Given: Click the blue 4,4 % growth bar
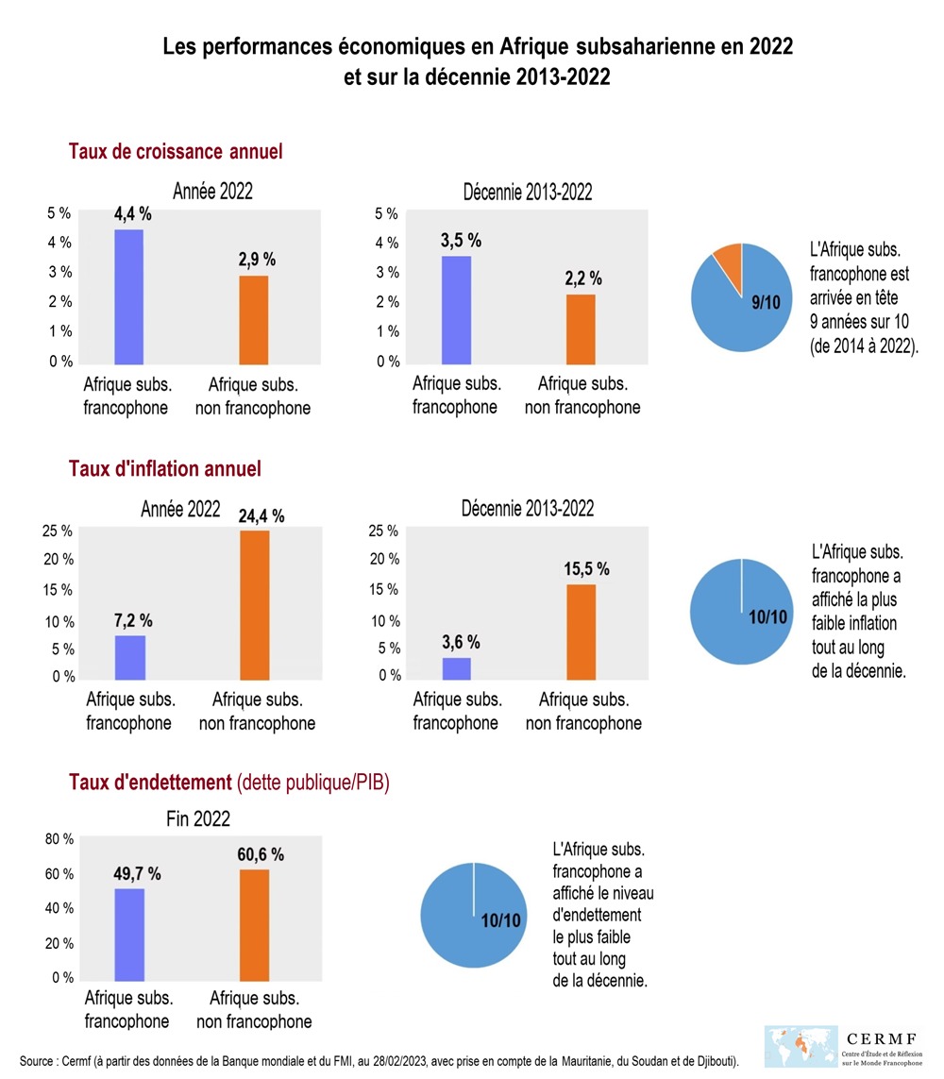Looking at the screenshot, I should point(128,296).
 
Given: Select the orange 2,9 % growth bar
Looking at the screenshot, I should point(253,319).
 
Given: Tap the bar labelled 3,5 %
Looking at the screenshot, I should point(457,310).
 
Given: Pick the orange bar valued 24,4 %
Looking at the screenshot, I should point(254,604).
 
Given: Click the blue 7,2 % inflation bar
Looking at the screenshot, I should point(129,657).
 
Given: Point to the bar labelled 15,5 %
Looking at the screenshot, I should point(581,632).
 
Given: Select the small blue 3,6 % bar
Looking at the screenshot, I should point(457,667).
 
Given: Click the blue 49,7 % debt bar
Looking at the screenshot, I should point(128,933).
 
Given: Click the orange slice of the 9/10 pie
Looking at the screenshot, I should point(729,256).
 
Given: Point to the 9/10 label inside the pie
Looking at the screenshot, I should point(766,303).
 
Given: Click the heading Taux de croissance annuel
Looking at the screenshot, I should point(176,151).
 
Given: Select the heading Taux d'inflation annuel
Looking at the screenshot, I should point(165,468).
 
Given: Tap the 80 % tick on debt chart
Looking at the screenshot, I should point(59,839).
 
